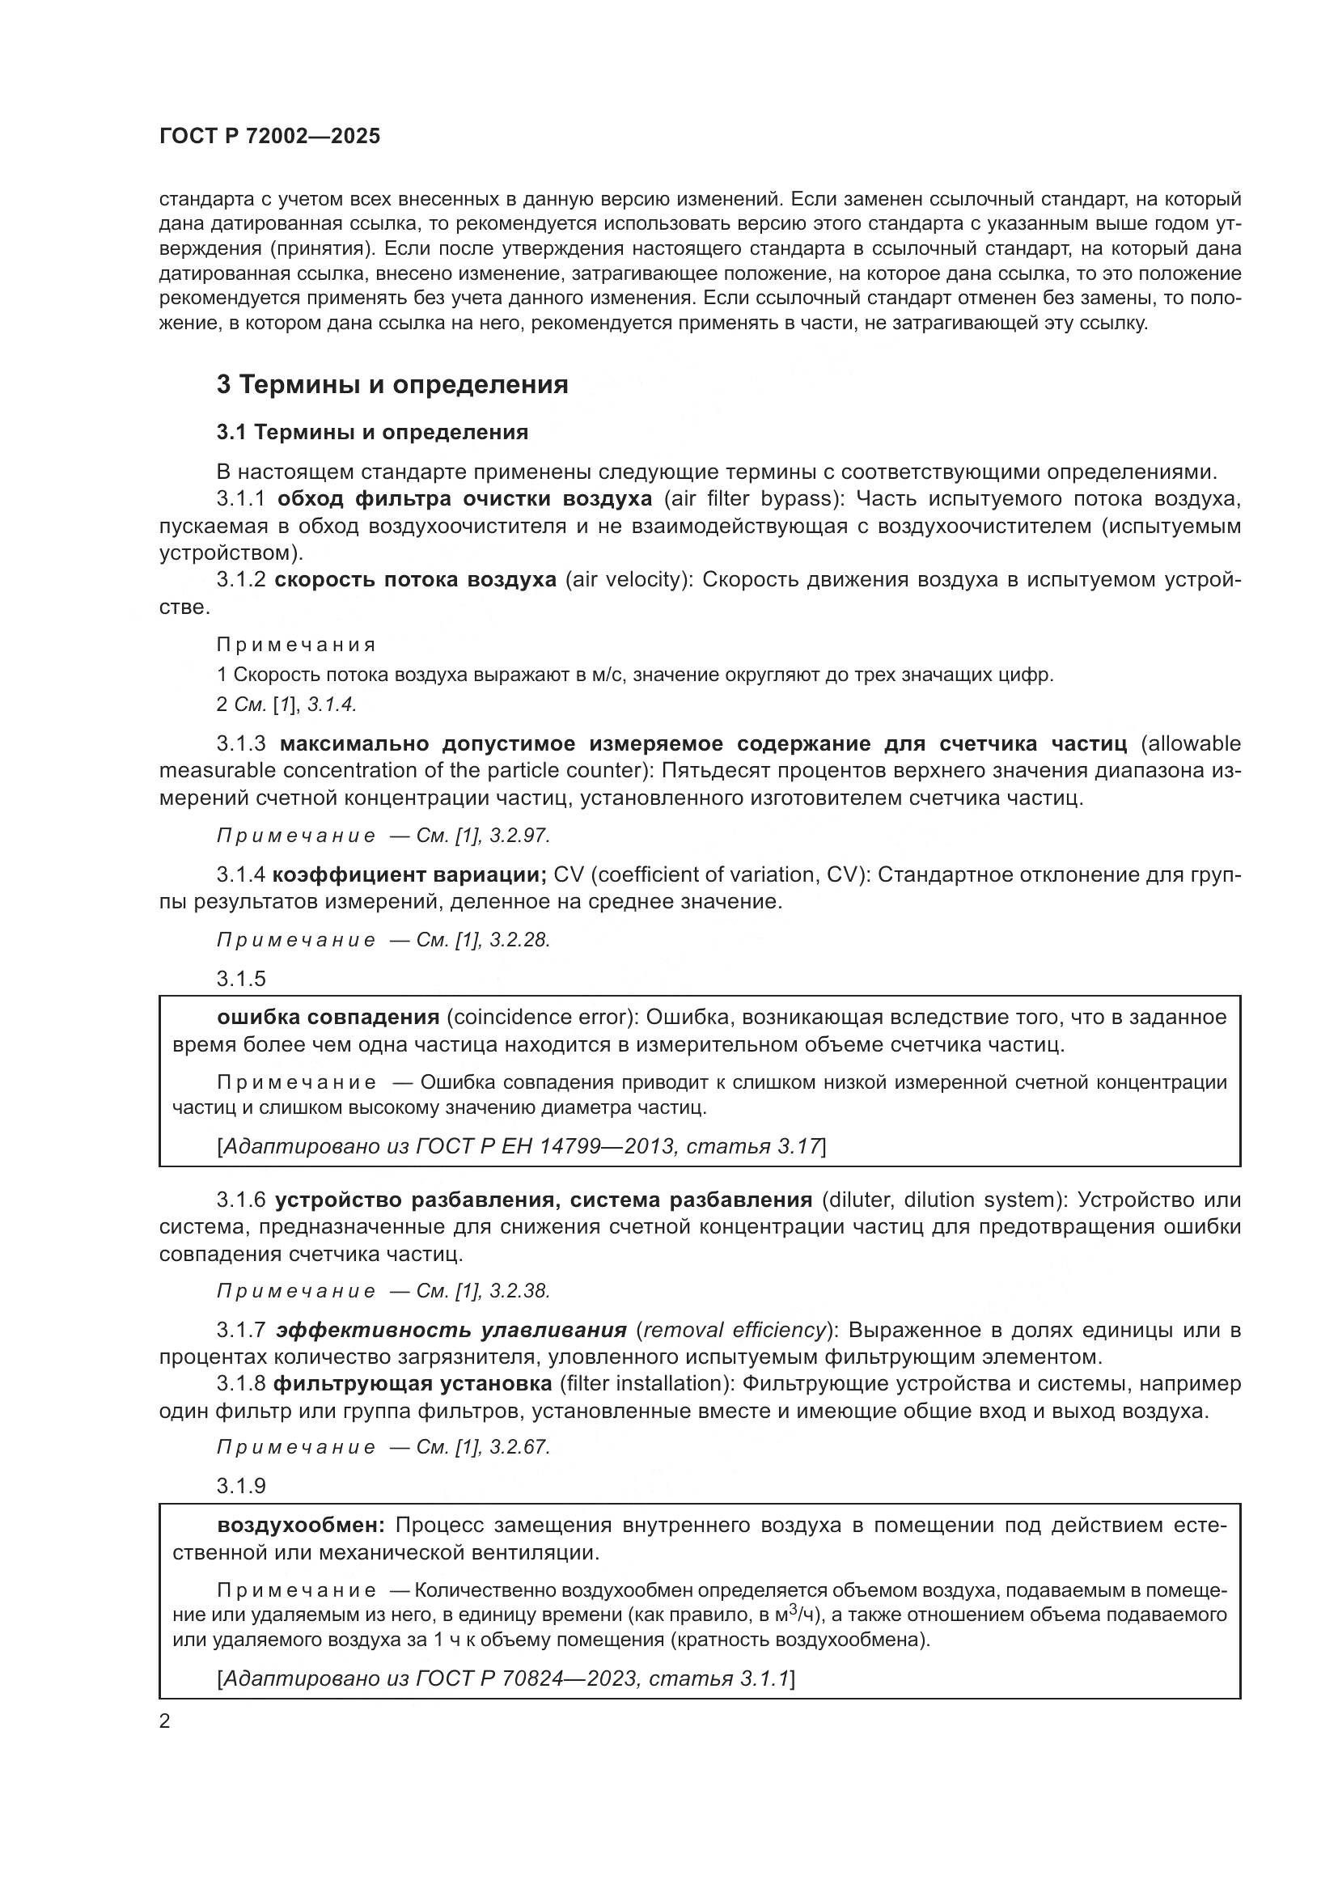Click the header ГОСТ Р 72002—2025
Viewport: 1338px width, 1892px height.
click(x=269, y=137)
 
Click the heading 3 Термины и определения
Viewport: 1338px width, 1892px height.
click(x=392, y=384)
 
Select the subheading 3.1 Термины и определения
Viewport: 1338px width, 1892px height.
click(x=372, y=432)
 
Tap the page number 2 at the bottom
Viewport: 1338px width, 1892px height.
click(x=165, y=1721)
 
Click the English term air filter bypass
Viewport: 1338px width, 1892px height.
click(x=752, y=498)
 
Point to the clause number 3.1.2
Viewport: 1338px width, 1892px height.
click(x=240, y=579)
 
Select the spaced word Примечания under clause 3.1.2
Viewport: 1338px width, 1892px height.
click(x=297, y=645)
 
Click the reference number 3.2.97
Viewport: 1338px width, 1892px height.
click(x=519, y=836)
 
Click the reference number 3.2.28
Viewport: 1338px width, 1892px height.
click(x=519, y=939)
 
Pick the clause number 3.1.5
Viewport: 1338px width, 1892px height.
click(x=241, y=978)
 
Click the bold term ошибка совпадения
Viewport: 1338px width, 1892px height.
click(x=328, y=1017)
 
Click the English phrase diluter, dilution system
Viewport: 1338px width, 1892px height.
click(x=942, y=1200)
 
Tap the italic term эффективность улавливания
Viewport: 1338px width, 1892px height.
click(x=451, y=1330)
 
